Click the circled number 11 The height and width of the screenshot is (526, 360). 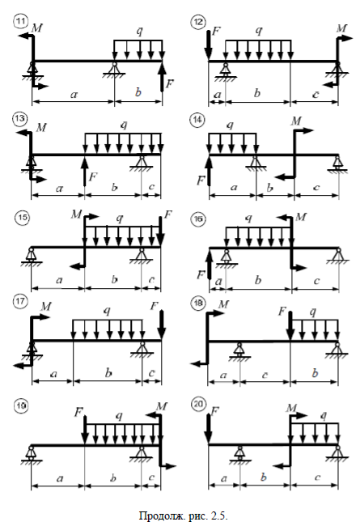[20, 22]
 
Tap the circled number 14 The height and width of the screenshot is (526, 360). [197, 119]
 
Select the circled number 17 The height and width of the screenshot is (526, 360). [20, 301]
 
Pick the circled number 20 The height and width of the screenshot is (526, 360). [198, 404]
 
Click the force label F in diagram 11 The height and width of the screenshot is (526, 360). [170, 83]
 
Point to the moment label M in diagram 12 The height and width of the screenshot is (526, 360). [341, 28]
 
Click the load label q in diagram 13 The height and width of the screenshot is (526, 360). [124, 125]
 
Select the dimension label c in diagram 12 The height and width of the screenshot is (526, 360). [316, 95]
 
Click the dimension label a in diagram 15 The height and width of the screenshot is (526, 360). [59, 280]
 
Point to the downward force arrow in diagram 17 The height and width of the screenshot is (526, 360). [161, 325]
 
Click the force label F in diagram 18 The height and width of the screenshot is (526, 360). [282, 312]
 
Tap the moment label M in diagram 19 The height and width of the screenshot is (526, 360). [162, 406]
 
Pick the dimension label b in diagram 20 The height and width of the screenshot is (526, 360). [264, 477]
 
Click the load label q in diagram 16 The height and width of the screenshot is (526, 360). [248, 218]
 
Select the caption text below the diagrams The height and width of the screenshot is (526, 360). [184, 515]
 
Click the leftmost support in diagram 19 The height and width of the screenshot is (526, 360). [32, 455]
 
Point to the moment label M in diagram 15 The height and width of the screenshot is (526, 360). [76, 214]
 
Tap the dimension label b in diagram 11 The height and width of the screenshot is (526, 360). [138, 92]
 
